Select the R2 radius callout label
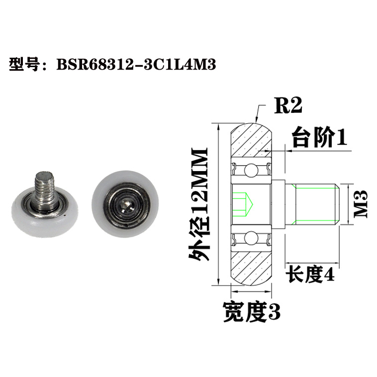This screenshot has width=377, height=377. (288, 105)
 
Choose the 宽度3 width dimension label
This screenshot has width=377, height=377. (252, 312)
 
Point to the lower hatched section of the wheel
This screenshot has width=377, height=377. (251, 266)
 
